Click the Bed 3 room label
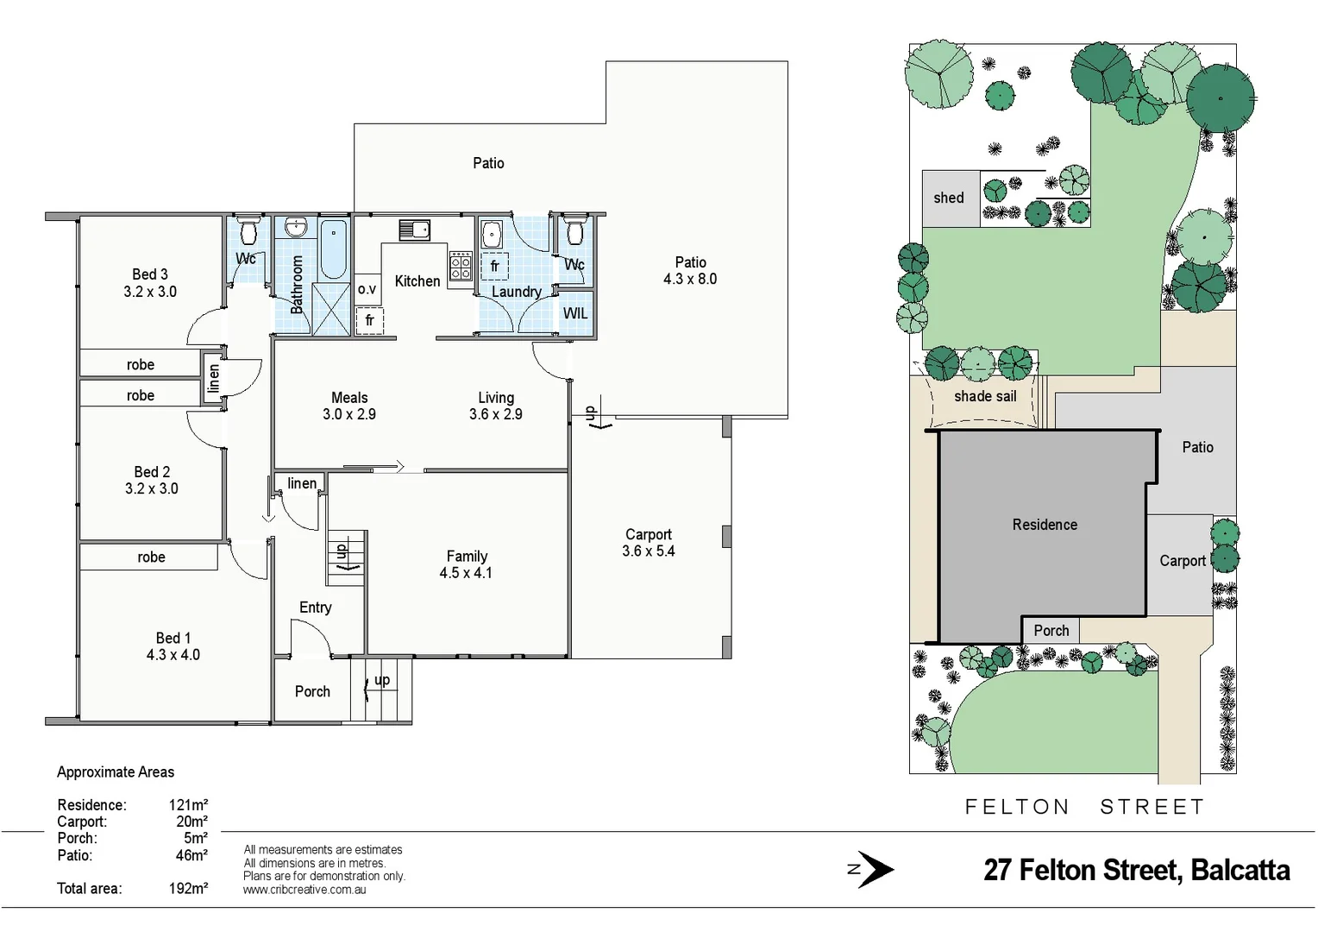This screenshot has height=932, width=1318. pyautogui.click(x=150, y=283)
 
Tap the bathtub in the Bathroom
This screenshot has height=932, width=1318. pyautogui.click(x=333, y=249)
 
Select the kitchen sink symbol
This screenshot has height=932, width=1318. pyautogui.click(x=415, y=230)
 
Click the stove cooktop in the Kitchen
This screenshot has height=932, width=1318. pyautogui.click(x=461, y=265)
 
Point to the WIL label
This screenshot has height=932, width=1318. pyautogui.click(x=575, y=313)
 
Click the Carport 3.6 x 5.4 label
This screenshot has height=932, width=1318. pyautogui.click(x=649, y=543)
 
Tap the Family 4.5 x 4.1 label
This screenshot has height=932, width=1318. pyautogui.click(x=467, y=564)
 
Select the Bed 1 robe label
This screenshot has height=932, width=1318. pyautogui.click(x=151, y=557)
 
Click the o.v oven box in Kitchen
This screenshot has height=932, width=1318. pyautogui.click(x=367, y=289)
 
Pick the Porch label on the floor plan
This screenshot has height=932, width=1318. pyautogui.click(x=312, y=691)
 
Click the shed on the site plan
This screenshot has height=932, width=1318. pyautogui.click(x=950, y=198)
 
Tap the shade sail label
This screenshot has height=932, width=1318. pyautogui.click(x=985, y=396)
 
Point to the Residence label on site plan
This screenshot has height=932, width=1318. pyautogui.click(x=1045, y=525)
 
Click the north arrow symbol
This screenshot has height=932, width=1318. pyautogui.click(x=873, y=869)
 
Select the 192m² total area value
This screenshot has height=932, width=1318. pyautogui.click(x=188, y=888)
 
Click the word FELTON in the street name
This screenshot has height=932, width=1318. pyautogui.click(x=1017, y=807)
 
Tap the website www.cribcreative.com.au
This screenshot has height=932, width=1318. pyautogui.click(x=304, y=890)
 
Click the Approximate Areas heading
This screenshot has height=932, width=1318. pyautogui.click(x=116, y=772)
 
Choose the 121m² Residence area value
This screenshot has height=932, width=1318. pyautogui.click(x=188, y=805)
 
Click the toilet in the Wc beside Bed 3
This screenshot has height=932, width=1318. pyautogui.click(x=249, y=230)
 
